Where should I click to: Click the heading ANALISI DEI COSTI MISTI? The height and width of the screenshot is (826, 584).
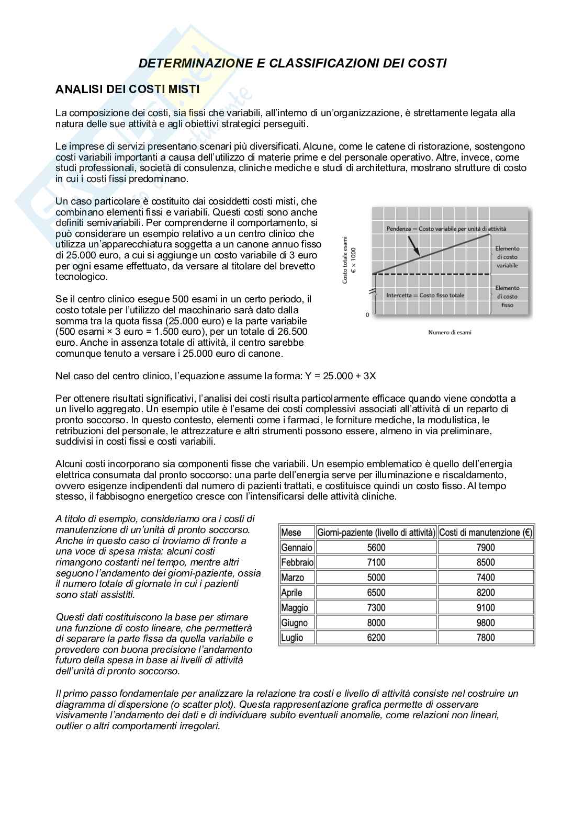pyautogui.click(x=127, y=89)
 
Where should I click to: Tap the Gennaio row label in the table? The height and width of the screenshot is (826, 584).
pyautogui.click(x=296, y=548)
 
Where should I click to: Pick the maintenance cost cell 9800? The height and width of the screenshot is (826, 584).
pyautogui.click(x=486, y=623)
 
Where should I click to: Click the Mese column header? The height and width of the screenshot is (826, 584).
pyautogui.click(x=291, y=533)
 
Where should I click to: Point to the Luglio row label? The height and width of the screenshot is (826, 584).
pyautogui.click(x=292, y=638)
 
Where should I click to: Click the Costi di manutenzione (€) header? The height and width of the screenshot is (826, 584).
pyautogui.click(x=486, y=533)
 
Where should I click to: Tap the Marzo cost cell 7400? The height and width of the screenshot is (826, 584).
pyautogui.click(x=486, y=578)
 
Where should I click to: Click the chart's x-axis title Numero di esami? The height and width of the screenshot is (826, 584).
pyautogui.click(x=450, y=332)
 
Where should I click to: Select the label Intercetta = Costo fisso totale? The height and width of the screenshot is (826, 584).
pyautogui.click(x=425, y=295)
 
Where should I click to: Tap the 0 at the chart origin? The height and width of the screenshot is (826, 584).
pyautogui.click(x=367, y=315)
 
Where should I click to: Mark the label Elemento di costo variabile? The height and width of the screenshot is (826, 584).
pyautogui.click(x=507, y=257)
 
